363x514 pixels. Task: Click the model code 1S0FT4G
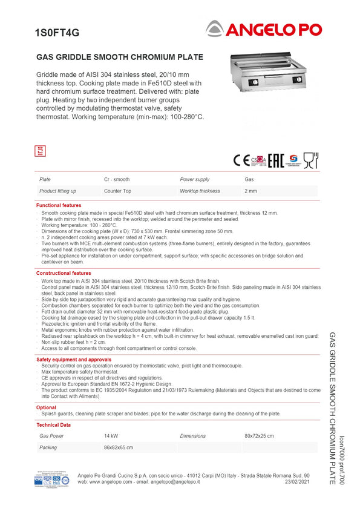point(57,33)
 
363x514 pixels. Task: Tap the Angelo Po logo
point(263,28)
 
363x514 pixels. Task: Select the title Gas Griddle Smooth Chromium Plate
point(120,58)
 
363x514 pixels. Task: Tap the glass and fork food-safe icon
point(310,160)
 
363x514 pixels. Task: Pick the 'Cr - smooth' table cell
point(117,180)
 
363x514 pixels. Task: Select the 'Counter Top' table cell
point(117,191)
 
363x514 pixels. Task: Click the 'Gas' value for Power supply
point(249,180)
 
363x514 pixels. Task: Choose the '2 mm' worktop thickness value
point(250,191)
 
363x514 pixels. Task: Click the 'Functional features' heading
point(59,206)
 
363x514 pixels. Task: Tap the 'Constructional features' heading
point(64,274)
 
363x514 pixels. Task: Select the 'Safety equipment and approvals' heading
point(74,360)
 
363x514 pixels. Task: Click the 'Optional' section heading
point(46,407)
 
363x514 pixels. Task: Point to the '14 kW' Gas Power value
point(111,436)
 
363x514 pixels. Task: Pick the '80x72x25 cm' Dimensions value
point(259,436)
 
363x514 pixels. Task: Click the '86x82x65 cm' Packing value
point(119,448)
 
